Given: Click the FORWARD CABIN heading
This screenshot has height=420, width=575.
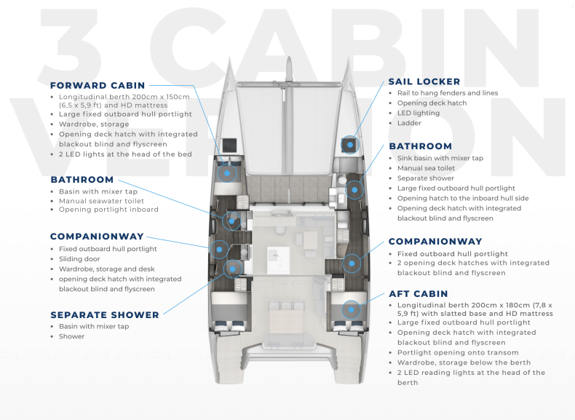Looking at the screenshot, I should [97, 85].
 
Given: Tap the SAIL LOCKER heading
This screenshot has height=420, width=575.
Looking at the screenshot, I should [424, 82].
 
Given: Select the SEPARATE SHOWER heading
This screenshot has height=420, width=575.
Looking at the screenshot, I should [104, 314].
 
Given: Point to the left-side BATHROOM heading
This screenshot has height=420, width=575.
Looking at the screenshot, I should [82, 179].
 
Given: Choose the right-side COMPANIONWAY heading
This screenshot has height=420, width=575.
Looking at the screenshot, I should [435, 241].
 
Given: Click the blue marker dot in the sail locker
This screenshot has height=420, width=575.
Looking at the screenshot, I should [350, 144].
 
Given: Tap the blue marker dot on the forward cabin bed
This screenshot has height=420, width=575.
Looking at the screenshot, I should [228, 173].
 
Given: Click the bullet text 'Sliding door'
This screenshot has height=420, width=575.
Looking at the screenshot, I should [79, 258].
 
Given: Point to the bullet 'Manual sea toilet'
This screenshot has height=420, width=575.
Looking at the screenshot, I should [427, 168].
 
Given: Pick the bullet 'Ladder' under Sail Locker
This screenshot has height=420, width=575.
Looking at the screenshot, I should [409, 123].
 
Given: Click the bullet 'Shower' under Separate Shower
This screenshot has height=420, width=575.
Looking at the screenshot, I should [71, 337].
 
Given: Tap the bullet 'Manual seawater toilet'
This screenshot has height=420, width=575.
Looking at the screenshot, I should [101, 201].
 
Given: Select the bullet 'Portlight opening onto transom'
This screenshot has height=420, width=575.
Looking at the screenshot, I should [458, 352].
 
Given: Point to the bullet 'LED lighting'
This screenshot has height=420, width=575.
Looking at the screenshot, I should [419, 113].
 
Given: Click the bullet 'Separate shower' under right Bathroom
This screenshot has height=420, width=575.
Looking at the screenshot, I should [425, 178].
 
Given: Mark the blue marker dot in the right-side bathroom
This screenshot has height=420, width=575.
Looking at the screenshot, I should [354, 189].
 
